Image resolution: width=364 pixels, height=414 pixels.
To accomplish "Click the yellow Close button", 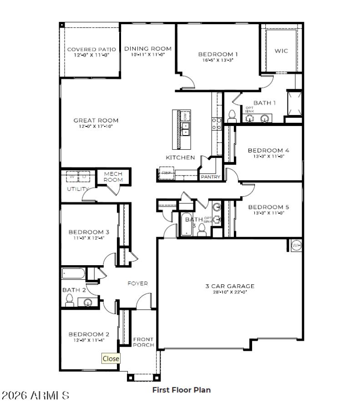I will pyautogui.click(x=111, y=358).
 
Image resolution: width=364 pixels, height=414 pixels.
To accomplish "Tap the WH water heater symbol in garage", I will pyautogui.click(x=297, y=245).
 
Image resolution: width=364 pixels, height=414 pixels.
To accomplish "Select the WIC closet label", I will pyautogui.click(x=281, y=51).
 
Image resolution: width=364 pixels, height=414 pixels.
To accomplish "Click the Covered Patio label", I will pyautogui.click(x=91, y=49).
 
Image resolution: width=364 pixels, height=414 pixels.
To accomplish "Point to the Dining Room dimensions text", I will pyautogui.click(x=147, y=55).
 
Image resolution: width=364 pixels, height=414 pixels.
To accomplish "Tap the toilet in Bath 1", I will pyautogui.click(x=232, y=116).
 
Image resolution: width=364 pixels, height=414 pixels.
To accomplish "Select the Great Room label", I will pyautogui.click(x=96, y=121).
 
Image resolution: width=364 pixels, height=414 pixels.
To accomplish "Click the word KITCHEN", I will pyautogui.click(x=180, y=157).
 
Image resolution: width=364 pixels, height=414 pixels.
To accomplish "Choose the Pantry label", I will pyautogui.click(x=210, y=177).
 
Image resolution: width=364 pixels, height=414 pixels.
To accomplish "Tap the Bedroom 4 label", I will pyautogui.click(x=268, y=150).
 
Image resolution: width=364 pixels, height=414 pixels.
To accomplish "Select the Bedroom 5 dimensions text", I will pyautogui.click(x=268, y=212).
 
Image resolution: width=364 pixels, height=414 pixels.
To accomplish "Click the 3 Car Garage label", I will pyautogui.click(x=229, y=286).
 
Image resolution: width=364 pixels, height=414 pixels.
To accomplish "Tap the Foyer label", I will pyautogui.click(x=137, y=283).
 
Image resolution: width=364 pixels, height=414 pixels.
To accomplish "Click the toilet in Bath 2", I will pyautogui.click(x=70, y=299).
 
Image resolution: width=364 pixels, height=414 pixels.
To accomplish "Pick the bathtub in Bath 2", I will pyautogui.click(x=73, y=274).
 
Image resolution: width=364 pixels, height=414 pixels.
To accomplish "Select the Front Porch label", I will pyautogui.click(x=143, y=342).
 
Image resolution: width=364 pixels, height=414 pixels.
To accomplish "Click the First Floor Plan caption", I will pyautogui.click(x=181, y=390).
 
